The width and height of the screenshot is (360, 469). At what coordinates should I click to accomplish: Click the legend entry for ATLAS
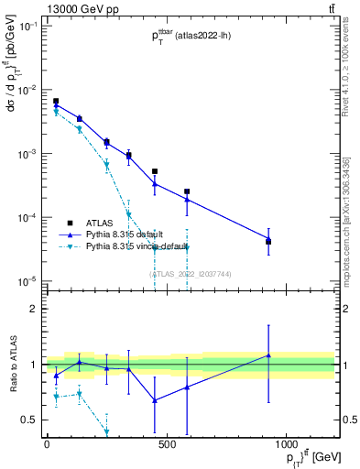(x=100, y=223)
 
